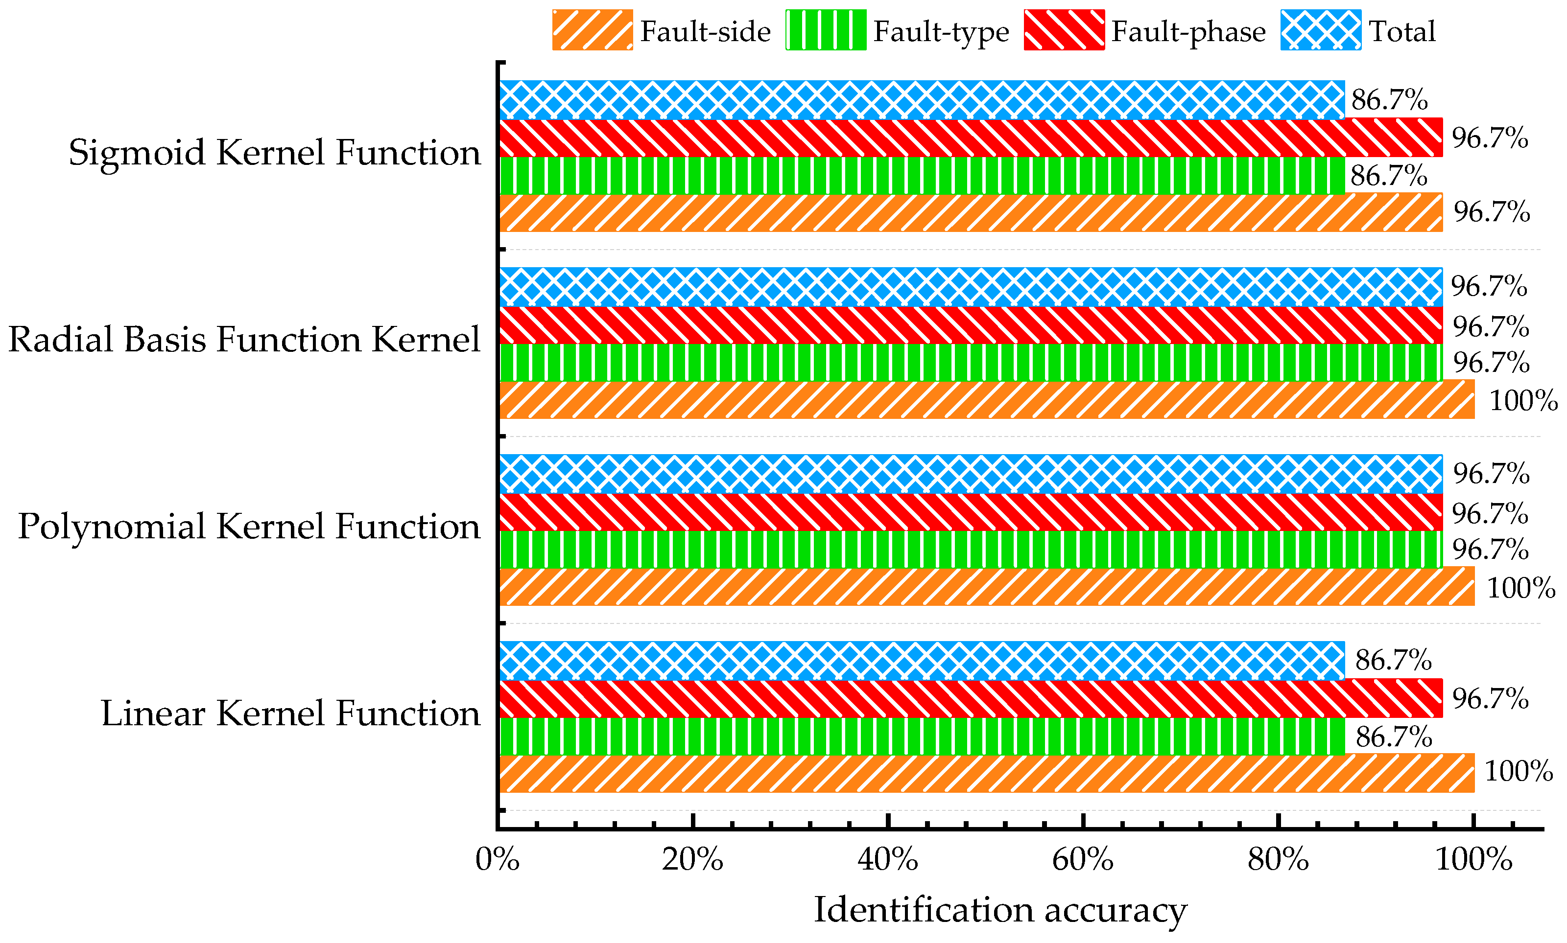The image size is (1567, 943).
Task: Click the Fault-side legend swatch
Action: point(592,30)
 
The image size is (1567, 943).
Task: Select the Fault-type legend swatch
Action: point(825,30)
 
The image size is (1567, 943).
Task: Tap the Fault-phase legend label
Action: point(1188,31)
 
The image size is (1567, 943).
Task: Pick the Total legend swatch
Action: point(1320,30)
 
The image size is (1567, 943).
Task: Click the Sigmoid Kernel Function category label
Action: point(275,153)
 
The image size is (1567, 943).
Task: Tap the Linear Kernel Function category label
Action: point(290,713)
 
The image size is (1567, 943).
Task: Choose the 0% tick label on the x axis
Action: point(497,860)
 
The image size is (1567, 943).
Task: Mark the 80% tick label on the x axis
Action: point(1278,860)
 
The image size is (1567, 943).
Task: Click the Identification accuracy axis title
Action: point(1000,910)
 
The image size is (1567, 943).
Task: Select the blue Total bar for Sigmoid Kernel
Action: point(922,100)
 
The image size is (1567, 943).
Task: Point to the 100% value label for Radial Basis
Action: point(1523,401)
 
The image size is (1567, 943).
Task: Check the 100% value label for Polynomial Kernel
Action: point(1520,588)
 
